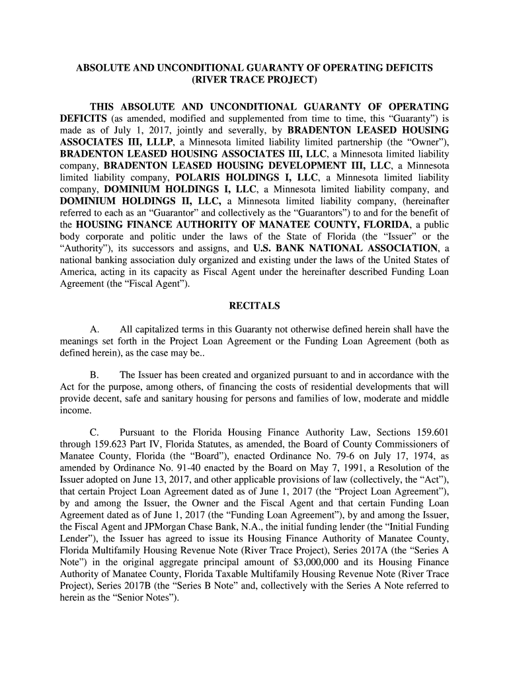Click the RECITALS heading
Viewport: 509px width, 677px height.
254,306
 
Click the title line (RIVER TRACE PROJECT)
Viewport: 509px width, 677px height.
255,81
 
